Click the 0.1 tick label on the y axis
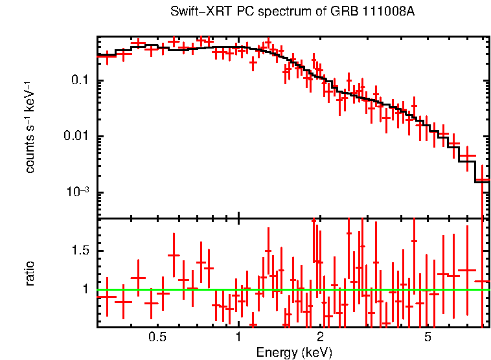point(79,81)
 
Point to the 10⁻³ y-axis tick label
point(77,192)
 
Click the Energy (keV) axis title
point(294,352)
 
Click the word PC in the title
point(240,12)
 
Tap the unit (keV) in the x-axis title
point(317,352)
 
